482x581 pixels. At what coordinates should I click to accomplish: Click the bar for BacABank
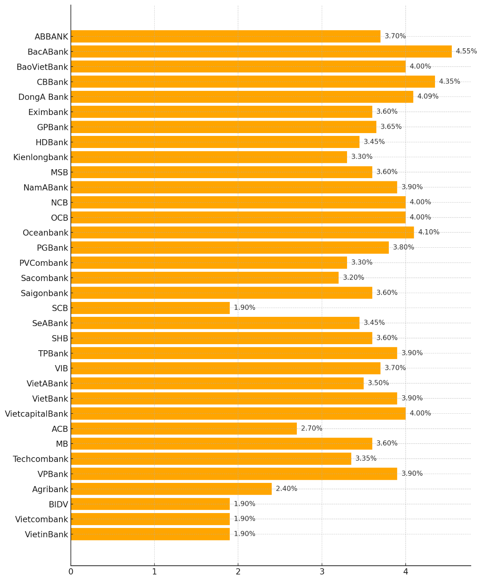[x=261, y=51]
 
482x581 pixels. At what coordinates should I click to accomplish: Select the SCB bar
[x=150, y=308]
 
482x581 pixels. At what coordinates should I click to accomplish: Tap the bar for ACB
[x=184, y=429]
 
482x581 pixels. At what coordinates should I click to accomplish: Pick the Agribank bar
[x=171, y=489]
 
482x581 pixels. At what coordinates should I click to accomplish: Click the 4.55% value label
[x=466, y=51]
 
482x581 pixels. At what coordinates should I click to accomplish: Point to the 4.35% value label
[x=449, y=82]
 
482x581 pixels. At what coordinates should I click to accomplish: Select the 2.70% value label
[x=311, y=429]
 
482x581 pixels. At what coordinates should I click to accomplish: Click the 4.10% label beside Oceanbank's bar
[x=429, y=232]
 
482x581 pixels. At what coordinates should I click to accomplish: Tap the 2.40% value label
[x=286, y=489]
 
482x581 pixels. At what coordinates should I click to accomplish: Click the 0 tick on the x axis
[x=71, y=572]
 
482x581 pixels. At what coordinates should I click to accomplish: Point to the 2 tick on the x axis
[x=238, y=572]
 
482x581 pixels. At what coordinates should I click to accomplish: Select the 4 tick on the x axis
[x=405, y=572]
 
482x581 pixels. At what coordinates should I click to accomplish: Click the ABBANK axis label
[x=51, y=37]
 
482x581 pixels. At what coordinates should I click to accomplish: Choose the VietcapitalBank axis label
[x=37, y=414]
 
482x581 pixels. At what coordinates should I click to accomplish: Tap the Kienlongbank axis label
[x=41, y=157]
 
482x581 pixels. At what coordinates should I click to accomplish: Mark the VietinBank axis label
[x=47, y=534]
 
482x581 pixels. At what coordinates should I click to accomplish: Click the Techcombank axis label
[x=41, y=459]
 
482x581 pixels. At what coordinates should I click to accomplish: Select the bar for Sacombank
[x=204, y=278]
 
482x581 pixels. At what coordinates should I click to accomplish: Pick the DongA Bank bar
[x=242, y=97]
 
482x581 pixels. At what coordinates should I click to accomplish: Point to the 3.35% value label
[x=366, y=459]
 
